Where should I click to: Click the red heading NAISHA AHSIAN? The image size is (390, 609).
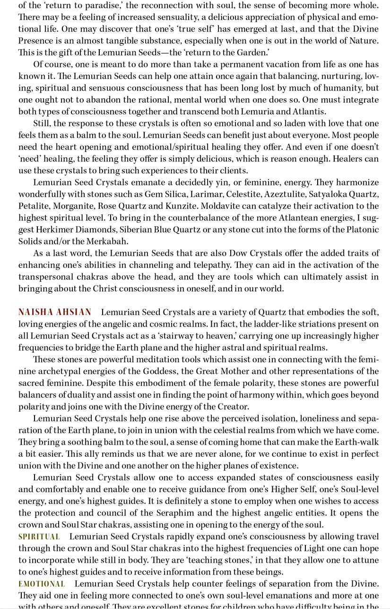[x=55, y=312]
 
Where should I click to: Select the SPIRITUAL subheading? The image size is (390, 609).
[x=39, y=536]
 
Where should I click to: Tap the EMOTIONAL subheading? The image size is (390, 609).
[x=42, y=584]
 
